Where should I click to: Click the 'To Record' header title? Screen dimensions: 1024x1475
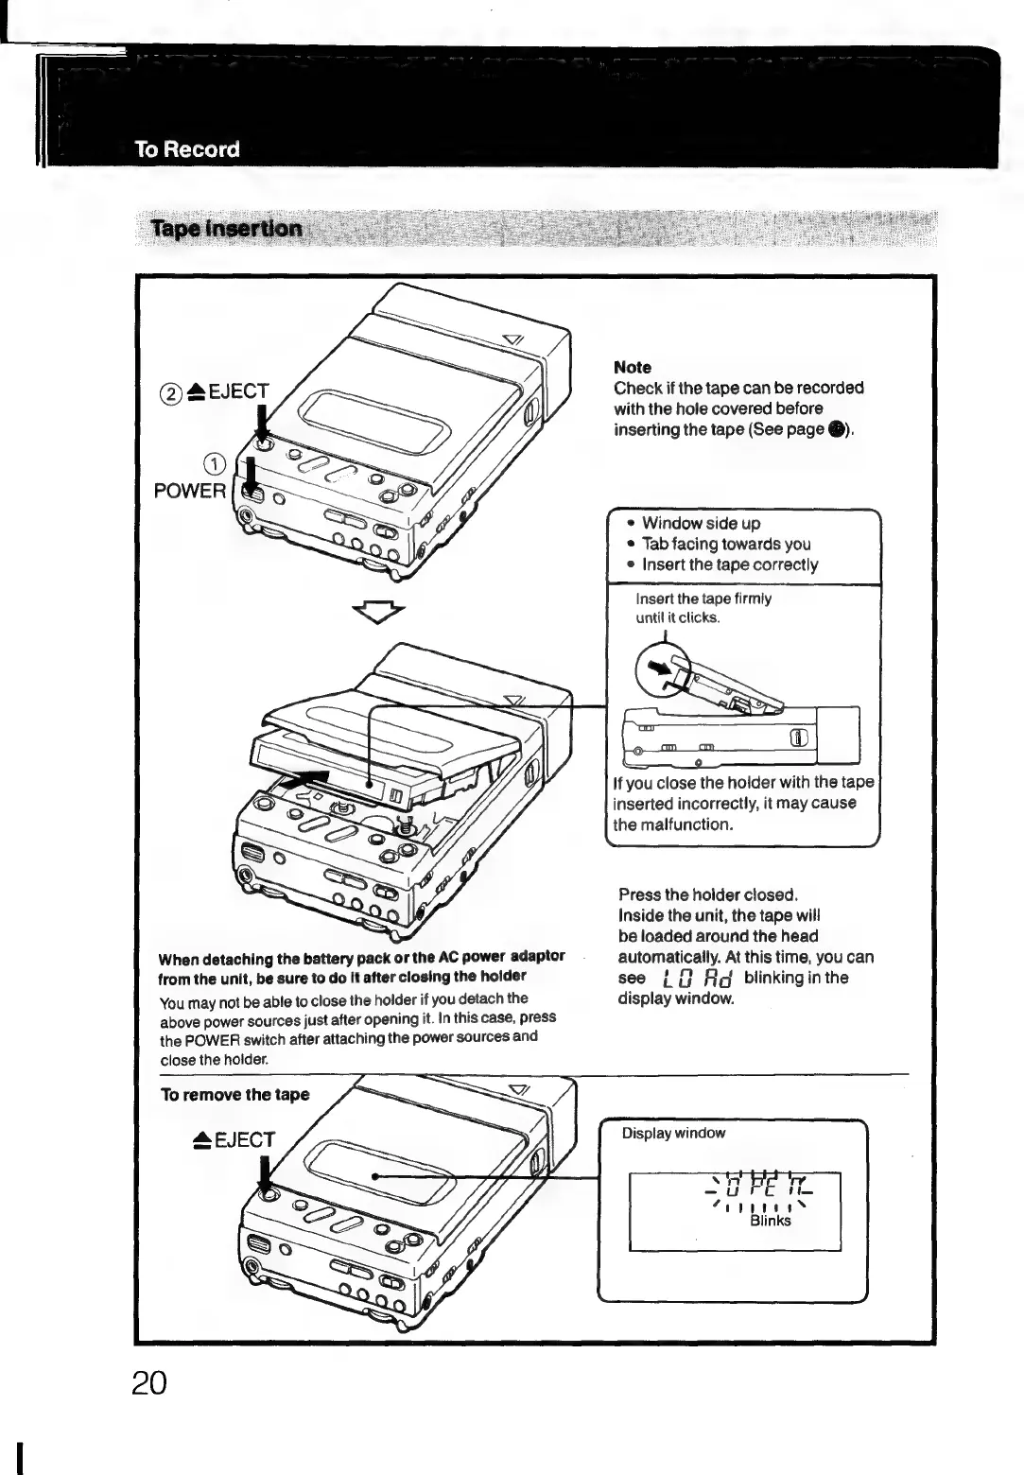[x=187, y=149]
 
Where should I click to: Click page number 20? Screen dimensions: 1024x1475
[x=149, y=1382]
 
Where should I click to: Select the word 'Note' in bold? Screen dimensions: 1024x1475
[x=633, y=367]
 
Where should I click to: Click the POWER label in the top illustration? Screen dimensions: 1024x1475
[x=190, y=490]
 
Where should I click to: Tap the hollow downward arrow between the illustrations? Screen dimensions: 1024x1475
[x=377, y=612]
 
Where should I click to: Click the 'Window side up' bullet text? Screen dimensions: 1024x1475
[x=701, y=523]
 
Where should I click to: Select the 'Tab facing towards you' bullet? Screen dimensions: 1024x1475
[x=725, y=544]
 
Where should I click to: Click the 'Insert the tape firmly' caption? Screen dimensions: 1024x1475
[x=703, y=599]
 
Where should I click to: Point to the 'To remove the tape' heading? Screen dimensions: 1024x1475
[x=235, y=1094]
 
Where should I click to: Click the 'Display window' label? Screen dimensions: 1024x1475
[x=673, y=1133]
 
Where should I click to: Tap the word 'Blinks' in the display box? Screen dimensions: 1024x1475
[x=771, y=1220]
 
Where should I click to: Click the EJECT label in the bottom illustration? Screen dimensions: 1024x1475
[x=233, y=1139]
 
